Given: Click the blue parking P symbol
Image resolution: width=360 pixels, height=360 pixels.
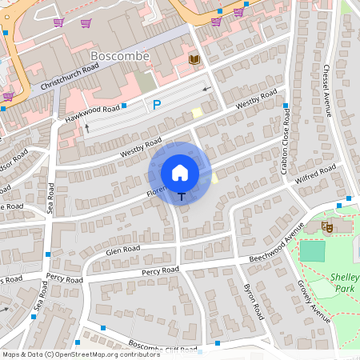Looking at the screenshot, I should (157, 104).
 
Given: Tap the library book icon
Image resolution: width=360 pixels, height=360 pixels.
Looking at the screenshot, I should (194, 60).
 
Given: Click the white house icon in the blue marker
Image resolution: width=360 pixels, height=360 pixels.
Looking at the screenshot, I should (180, 172).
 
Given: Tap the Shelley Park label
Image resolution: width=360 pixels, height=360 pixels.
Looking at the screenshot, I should (346, 282).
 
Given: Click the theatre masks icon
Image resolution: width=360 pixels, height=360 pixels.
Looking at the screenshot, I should (326, 227).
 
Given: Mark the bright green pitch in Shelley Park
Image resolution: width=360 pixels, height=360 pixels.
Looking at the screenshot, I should (314, 251).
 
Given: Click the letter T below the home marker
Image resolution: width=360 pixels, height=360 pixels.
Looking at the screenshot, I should (182, 196).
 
